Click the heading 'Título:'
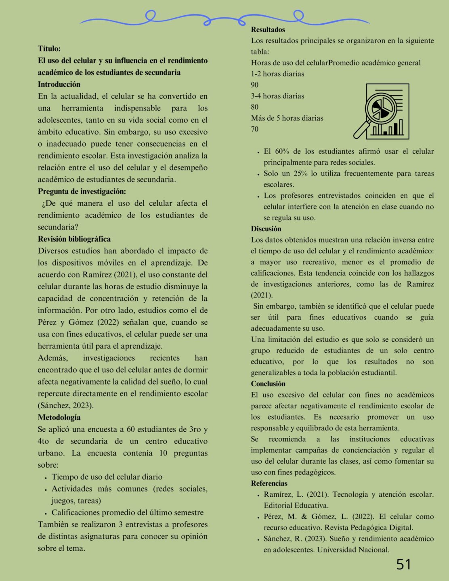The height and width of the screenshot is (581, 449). pyautogui.click(x=49, y=48)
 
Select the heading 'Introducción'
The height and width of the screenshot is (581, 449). pyautogui.click(x=59, y=84)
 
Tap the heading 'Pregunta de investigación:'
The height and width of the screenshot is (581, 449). pyautogui.click(x=82, y=191)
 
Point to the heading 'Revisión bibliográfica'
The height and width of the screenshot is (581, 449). pyautogui.click(x=74, y=239)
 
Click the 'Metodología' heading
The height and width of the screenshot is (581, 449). pyautogui.click(x=59, y=417)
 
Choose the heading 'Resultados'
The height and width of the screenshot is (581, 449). pyautogui.click(x=268, y=29)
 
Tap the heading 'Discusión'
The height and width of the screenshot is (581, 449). pyautogui.click(x=266, y=229)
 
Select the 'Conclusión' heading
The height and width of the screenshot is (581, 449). pyautogui.click(x=268, y=384)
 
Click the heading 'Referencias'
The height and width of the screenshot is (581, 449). pyautogui.click(x=269, y=483)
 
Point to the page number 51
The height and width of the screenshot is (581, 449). pyautogui.click(x=403, y=564)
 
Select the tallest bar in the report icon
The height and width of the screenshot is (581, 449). pyautogui.click(x=401, y=127)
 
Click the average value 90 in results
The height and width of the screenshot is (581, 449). pyautogui.click(x=254, y=85)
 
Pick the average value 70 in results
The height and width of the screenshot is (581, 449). pyautogui.click(x=254, y=129)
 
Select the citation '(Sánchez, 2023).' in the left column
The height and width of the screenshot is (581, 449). pyautogui.click(x=65, y=405)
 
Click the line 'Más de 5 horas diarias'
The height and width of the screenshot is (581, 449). pyautogui.click(x=287, y=118)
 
